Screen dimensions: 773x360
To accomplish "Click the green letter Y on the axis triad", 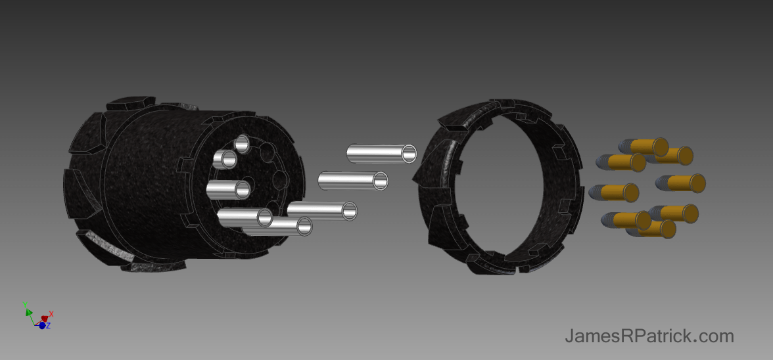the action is [x=25, y=305].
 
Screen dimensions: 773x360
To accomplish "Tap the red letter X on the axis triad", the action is [x=51, y=314].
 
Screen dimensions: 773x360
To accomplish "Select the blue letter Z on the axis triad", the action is [x=49, y=325].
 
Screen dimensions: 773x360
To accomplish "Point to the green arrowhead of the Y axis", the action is [x=29, y=312].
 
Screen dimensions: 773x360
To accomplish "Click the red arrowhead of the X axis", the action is [x=45, y=319].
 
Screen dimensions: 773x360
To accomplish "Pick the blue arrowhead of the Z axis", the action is [x=42, y=326].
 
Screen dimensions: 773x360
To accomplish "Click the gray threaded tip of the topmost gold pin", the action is [x=624, y=146].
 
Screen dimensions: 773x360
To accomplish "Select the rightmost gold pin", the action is [x=681, y=183].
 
